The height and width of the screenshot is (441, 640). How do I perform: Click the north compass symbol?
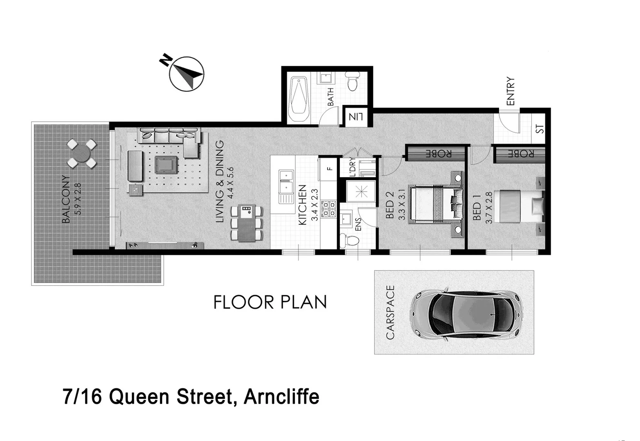[186, 73]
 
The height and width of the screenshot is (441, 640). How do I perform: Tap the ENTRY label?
[511, 91]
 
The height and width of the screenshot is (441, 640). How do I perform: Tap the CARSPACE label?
[390, 313]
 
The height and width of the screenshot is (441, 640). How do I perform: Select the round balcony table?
[82, 154]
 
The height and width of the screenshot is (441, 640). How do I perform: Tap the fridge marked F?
[330, 168]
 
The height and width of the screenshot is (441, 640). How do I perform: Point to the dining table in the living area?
[247, 223]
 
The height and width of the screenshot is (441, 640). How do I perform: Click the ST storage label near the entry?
[540, 129]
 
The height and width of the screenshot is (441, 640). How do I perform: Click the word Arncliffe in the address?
[281, 397]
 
